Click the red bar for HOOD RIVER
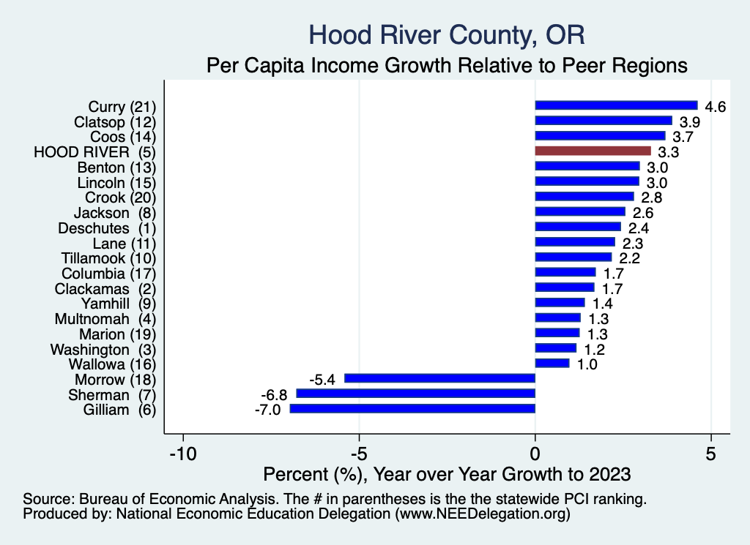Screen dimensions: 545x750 593,151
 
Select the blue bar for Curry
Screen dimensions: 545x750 616,105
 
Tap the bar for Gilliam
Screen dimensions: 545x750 412,409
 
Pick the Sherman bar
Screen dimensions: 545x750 415,394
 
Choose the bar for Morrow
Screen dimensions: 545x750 439,378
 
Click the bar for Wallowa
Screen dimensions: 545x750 552,363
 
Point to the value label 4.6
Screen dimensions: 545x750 715,107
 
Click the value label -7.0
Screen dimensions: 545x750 267,410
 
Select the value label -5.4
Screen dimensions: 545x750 322,380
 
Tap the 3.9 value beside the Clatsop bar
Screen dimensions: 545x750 689,121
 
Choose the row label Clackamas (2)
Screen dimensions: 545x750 105,288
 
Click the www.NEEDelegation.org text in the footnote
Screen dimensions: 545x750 483,514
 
